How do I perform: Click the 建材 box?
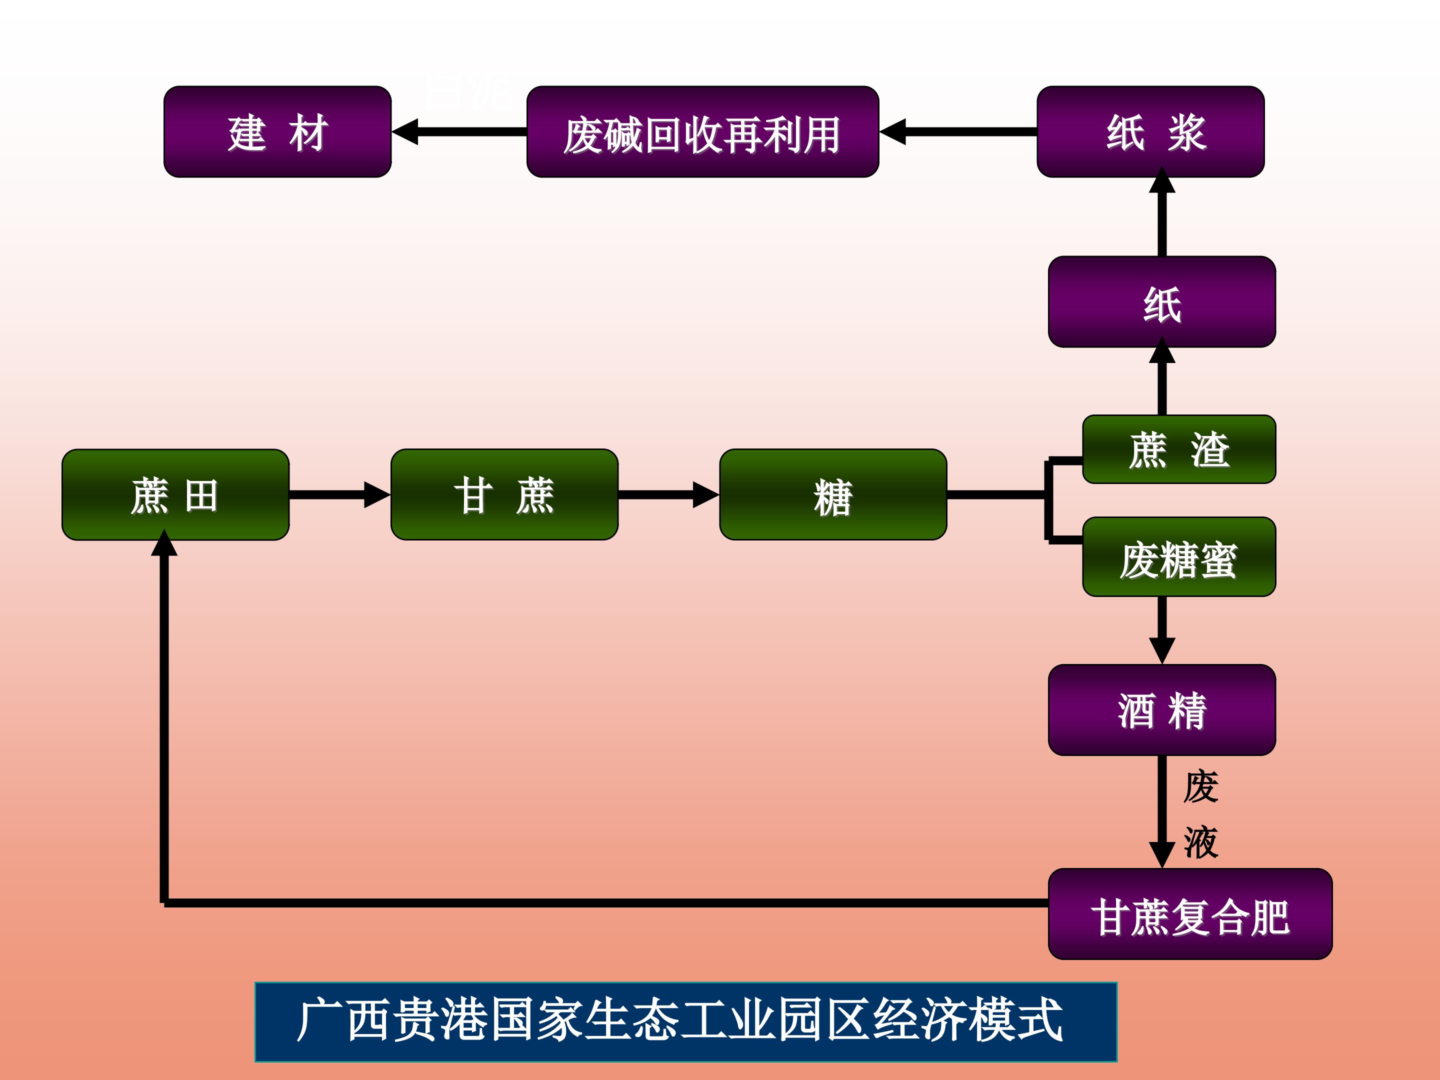(x=277, y=131)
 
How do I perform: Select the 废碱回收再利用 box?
(x=702, y=131)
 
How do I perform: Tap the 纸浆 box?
(x=1150, y=131)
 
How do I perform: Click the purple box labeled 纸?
(x=1161, y=301)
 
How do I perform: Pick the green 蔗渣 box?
(x=1178, y=449)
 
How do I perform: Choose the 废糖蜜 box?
(x=1178, y=556)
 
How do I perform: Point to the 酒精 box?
(x=1161, y=709)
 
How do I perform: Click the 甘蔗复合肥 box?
(x=1190, y=914)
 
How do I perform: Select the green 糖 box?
(x=832, y=495)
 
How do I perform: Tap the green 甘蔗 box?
(x=504, y=495)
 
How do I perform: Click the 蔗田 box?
(x=175, y=495)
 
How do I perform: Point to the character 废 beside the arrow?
(x=1200, y=786)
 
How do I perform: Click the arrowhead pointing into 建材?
(x=405, y=131)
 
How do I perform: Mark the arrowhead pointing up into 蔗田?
(x=164, y=543)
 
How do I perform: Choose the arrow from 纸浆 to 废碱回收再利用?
(x=957, y=131)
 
